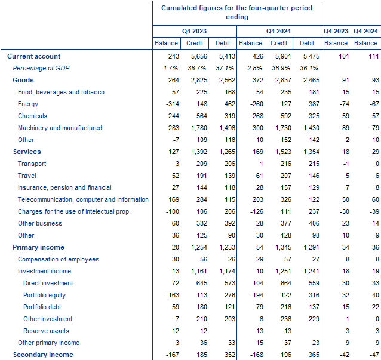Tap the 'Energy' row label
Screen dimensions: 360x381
coord(28,104)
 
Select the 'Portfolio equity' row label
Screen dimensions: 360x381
coord(44,295)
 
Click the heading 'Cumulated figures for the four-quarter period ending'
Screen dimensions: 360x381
coord(236,12)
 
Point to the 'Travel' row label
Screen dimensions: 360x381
coord(27,176)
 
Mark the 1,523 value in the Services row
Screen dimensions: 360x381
coord(279,152)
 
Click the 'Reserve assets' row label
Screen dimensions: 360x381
coord(46,331)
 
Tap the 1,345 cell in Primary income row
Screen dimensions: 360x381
coord(279,247)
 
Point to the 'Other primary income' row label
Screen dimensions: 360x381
coord(48,343)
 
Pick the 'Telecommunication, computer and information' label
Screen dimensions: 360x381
coord(83,199)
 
